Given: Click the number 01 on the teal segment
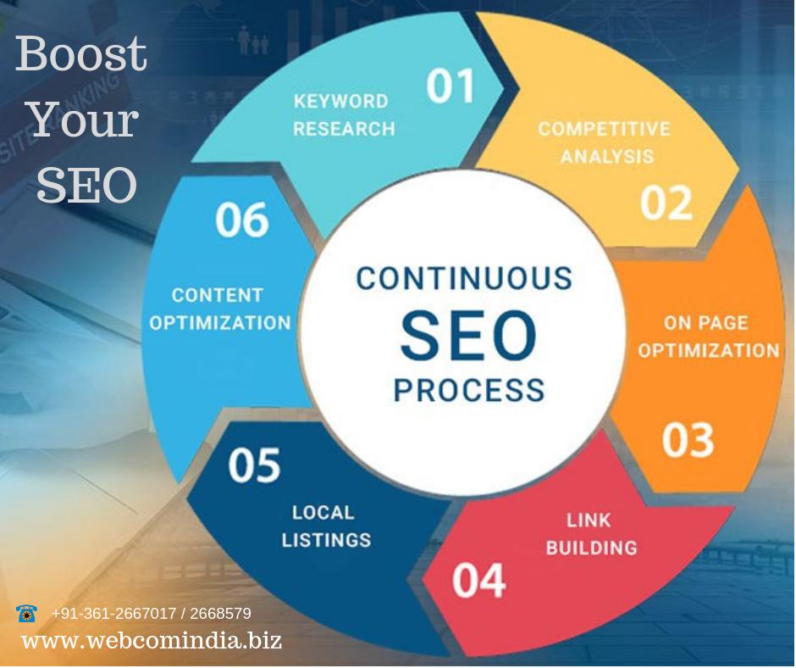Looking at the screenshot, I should [451, 86].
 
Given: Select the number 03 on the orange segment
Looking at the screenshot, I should [688, 441].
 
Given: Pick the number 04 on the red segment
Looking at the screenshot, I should [478, 581].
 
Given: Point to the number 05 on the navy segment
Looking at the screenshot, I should [254, 465].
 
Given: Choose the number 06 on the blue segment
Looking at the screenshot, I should [241, 220].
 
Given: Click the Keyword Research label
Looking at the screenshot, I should [344, 114].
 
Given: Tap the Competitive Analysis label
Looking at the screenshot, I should [605, 142].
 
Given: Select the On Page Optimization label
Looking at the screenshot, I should [708, 337].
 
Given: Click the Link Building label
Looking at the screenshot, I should [591, 534].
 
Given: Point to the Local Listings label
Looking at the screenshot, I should [326, 526].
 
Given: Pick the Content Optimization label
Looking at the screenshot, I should [219, 309].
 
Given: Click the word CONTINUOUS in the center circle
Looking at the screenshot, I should [464, 279].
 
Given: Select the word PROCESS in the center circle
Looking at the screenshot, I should [469, 389].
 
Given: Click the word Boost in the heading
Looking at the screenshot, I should [81, 54].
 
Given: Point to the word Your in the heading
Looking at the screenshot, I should [85, 120].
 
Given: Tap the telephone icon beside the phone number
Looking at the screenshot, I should [26, 613].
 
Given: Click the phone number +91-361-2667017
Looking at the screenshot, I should [114, 613].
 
